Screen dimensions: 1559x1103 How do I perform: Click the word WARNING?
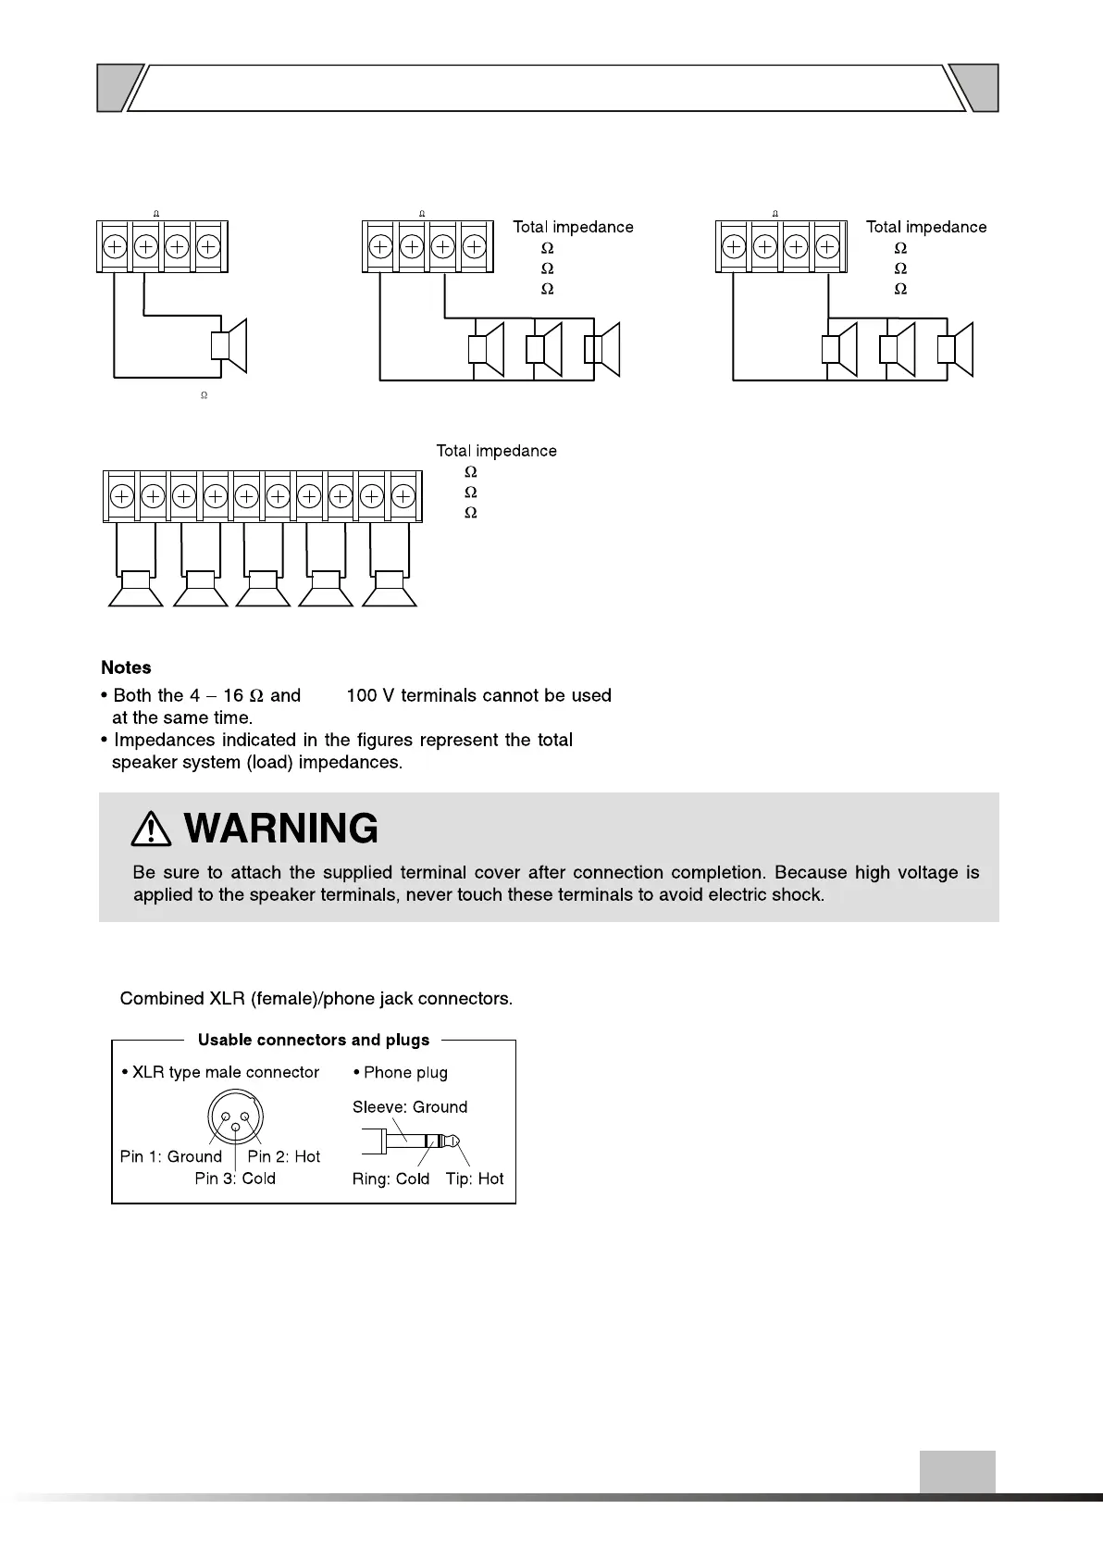281,829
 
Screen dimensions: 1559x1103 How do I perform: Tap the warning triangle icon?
151,829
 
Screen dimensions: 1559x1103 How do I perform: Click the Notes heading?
126,667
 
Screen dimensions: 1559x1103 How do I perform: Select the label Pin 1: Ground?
170,1156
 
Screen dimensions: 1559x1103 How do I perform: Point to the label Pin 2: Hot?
283,1156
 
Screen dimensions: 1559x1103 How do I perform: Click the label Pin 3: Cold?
235,1179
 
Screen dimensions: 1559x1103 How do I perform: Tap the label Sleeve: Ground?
410,1107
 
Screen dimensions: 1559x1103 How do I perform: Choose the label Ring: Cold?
390,1179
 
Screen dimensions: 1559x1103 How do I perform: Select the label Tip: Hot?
475,1179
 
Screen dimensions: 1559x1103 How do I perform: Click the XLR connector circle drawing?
236,1118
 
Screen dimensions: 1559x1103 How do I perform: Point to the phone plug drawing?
413,1141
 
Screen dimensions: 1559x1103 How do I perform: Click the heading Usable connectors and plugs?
314,1040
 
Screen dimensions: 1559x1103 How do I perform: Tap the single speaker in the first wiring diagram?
229,345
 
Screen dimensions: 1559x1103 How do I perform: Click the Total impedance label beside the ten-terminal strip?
497,451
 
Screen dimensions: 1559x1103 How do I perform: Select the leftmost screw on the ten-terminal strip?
121,497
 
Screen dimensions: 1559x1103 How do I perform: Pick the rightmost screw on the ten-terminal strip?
403,497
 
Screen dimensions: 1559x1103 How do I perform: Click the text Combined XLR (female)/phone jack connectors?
316,999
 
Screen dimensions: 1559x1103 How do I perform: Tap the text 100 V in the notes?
370,695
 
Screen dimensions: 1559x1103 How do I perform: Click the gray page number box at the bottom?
957,1471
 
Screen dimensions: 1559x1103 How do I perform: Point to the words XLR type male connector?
226,1072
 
